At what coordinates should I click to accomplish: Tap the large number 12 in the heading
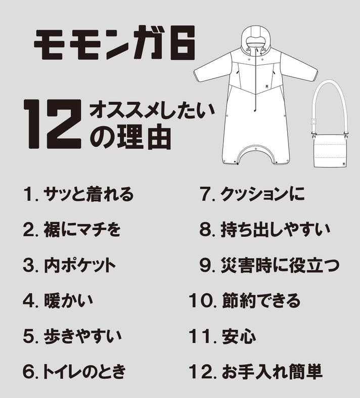pyautogui.click(x=53, y=123)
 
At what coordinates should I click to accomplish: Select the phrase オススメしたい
pyautogui.click(x=152, y=111)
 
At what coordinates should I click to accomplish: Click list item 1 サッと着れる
pyautogui.click(x=78, y=194)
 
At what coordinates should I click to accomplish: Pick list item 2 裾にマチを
pyautogui.click(x=72, y=229)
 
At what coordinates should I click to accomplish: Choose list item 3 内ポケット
pyautogui.click(x=69, y=265)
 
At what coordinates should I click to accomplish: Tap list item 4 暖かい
pyautogui.click(x=58, y=300)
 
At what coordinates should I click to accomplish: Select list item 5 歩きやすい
pyautogui.click(x=73, y=336)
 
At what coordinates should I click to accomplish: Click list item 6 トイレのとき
pyautogui.click(x=74, y=371)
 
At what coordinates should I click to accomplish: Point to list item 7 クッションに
pyautogui.click(x=252, y=194)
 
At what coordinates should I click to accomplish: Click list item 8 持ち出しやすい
pyautogui.click(x=265, y=229)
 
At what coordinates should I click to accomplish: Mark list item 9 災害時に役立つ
pyautogui.click(x=269, y=265)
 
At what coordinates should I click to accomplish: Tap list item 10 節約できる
pyautogui.click(x=245, y=300)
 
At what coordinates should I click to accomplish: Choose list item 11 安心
pyautogui.click(x=222, y=336)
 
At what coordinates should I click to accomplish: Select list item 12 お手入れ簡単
pyautogui.click(x=256, y=371)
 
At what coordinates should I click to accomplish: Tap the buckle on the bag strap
pyautogui.click(x=314, y=122)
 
